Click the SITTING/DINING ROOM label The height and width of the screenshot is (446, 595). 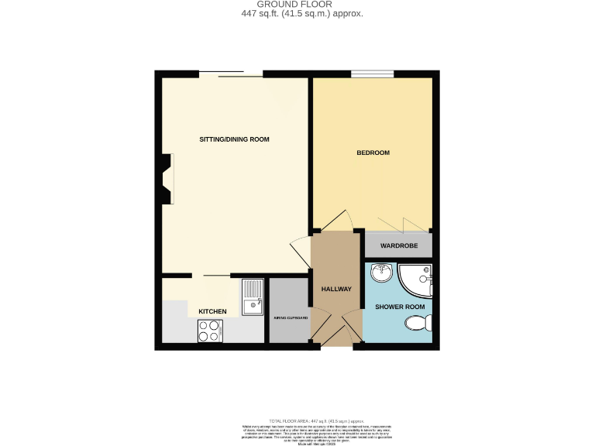point(235,139)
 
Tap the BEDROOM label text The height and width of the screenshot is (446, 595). point(373,153)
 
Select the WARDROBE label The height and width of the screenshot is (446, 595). point(398,245)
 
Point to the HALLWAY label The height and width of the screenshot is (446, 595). point(336,290)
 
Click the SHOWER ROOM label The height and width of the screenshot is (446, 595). point(401,307)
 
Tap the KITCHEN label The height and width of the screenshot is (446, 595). point(212,311)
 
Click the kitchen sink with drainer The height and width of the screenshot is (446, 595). point(253,297)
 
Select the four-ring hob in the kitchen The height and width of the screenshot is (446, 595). point(209,331)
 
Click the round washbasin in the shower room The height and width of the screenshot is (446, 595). point(380,273)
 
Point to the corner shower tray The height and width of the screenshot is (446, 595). point(418,280)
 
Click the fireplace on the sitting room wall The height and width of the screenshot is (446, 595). point(165,178)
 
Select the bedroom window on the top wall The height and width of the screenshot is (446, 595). point(372,74)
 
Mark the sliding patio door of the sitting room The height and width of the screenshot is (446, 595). point(230,74)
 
